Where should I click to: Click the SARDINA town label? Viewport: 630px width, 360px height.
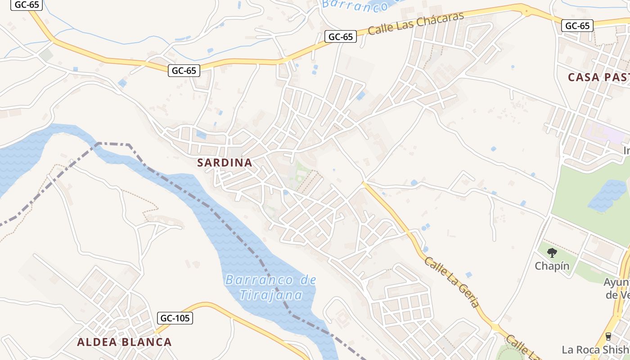(x=225, y=163)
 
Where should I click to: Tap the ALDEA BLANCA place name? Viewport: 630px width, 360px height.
(x=124, y=342)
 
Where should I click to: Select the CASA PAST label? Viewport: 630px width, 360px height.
(x=598, y=77)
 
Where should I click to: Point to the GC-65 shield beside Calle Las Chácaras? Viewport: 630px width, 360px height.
(x=341, y=36)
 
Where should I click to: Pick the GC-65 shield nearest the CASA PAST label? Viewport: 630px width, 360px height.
(x=577, y=26)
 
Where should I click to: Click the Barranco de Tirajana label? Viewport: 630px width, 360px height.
(x=271, y=288)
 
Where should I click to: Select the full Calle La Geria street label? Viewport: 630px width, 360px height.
(x=452, y=282)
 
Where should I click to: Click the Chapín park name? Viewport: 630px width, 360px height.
(x=552, y=266)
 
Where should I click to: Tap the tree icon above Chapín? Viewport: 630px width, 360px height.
(x=552, y=252)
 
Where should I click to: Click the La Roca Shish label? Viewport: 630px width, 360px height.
(x=595, y=349)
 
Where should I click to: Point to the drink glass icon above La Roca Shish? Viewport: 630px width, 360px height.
(x=608, y=336)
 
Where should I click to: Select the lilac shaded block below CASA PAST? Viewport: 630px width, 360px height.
(x=603, y=134)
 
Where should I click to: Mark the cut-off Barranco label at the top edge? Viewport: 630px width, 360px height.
(x=355, y=5)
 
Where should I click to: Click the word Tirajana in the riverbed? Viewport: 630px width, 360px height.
(x=271, y=295)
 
